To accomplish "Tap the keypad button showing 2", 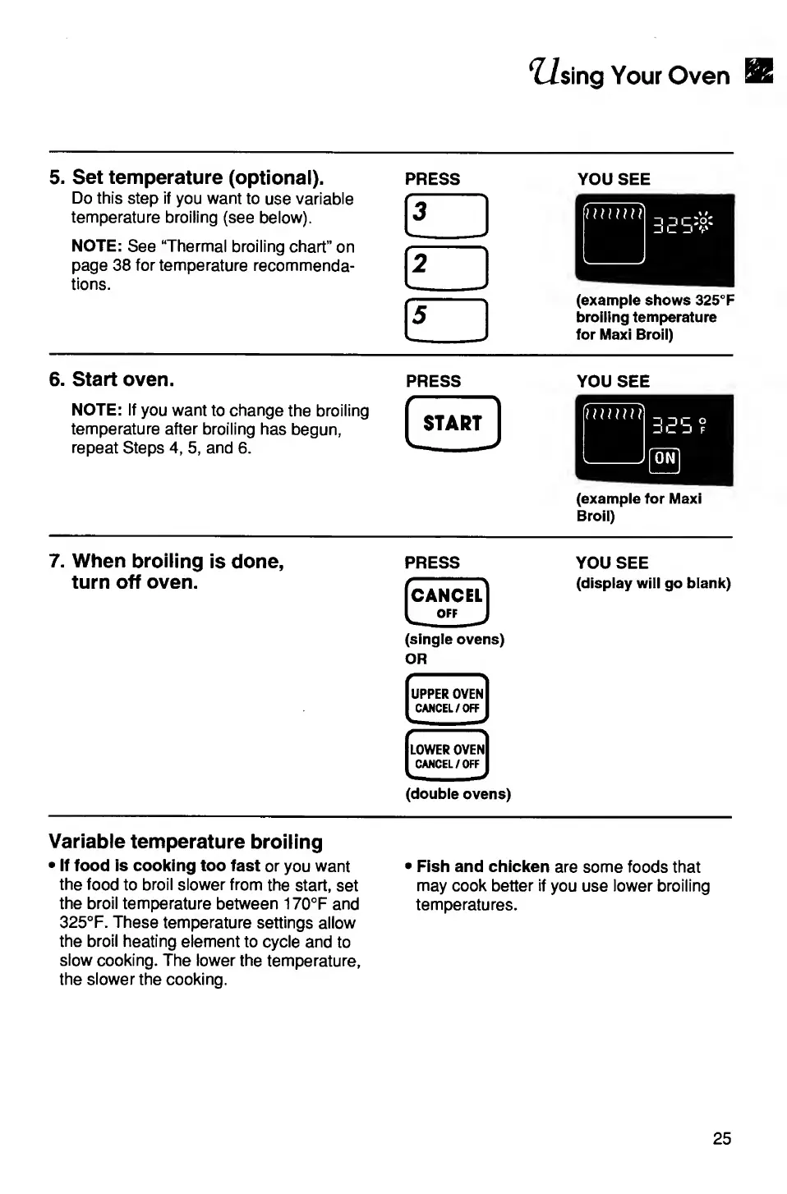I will pyautogui.click(x=446, y=268).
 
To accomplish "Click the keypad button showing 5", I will pyautogui.click(x=446, y=319).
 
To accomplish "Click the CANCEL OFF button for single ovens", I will pyautogui.click(x=447, y=602).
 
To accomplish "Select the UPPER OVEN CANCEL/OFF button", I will pyautogui.click(x=447, y=699).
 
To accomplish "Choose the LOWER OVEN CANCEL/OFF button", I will pyautogui.click(x=447, y=755).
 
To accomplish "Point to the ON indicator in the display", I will pyautogui.click(x=665, y=459).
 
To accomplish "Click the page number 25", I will pyautogui.click(x=721, y=1138).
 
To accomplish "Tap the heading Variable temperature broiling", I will pyautogui.click(x=186, y=842).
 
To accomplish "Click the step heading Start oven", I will pyautogui.click(x=122, y=379).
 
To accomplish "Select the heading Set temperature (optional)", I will pyautogui.click(x=197, y=177).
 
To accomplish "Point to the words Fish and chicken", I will pyautogui.click(x=482, y=866).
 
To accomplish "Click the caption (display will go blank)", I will pyautogui.click(x=653, y=583).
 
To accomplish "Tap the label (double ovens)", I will pyautogui.click(x=458, y=794).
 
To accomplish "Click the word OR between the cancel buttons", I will pyautogui.click(x=416, y=659).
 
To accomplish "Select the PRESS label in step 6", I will pyautogui.click(x=433, y=381).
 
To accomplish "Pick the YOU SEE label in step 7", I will pyautogui.click(x=612, y=563).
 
